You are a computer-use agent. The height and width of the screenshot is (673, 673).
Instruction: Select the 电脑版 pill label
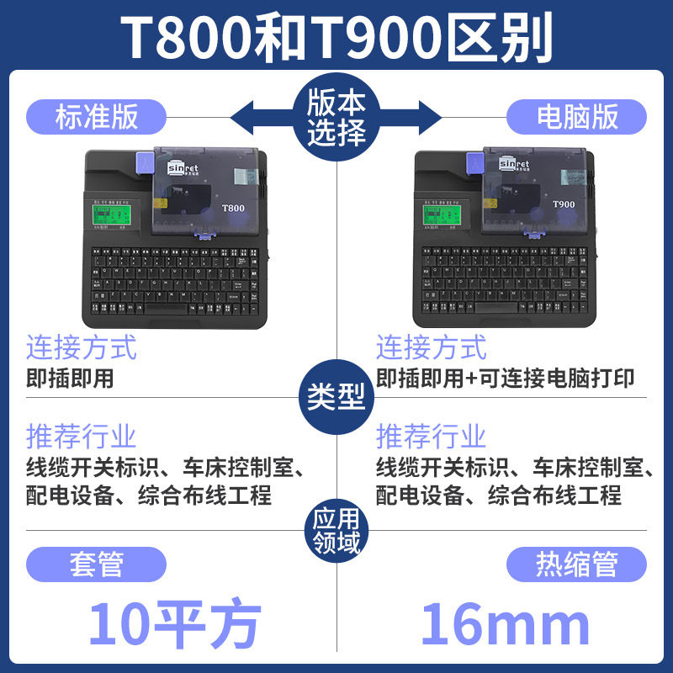click(x=577, y=115)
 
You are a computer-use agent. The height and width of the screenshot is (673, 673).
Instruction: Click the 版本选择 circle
click(x=336, y=116)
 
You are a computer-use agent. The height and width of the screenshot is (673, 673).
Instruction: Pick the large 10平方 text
click(x=175, y=623)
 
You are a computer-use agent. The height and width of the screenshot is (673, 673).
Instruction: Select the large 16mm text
click(x=505, y=623)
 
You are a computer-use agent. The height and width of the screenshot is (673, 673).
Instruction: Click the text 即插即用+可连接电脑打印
click(x=505, y=379)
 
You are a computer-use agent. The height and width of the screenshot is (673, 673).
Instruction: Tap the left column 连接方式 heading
click(x=81, y=347)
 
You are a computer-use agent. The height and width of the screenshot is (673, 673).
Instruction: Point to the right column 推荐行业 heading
click(x=431, y=437)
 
